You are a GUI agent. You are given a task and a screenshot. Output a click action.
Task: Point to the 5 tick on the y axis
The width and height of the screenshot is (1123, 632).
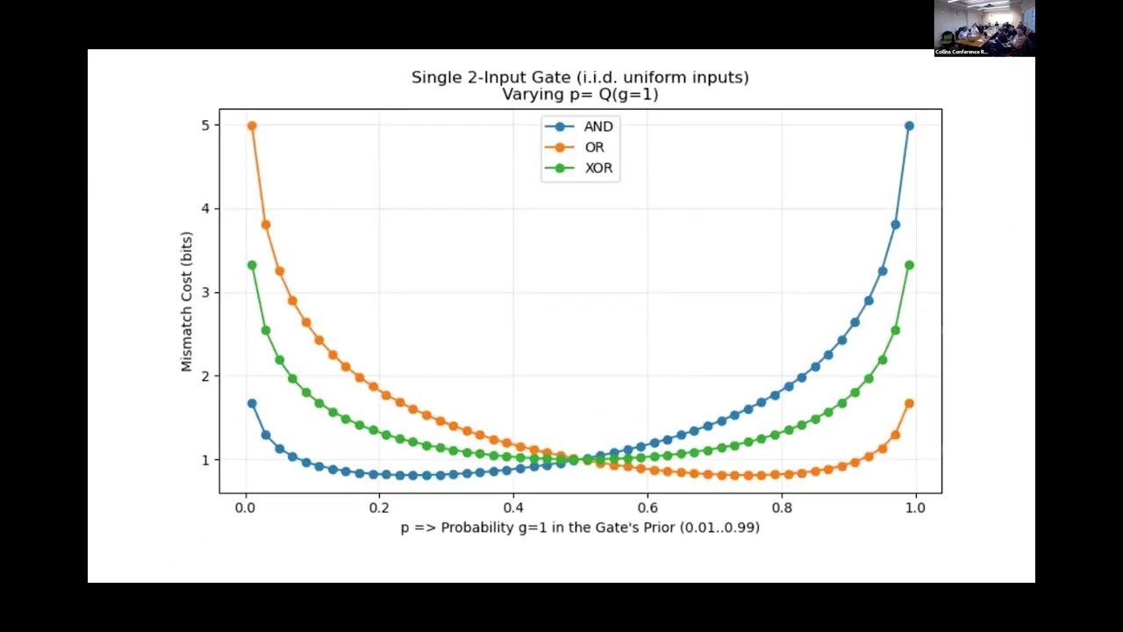click(205, 126)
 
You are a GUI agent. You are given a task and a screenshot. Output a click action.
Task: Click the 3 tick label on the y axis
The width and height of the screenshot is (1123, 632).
click(205, 292)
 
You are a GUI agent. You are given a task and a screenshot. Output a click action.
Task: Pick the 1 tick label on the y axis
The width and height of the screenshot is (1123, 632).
click(205, 460)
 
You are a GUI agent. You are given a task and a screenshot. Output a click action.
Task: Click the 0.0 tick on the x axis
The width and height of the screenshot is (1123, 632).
click(246, 507)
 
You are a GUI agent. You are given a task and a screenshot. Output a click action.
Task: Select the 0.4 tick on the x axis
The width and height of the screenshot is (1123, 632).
click(513, 507)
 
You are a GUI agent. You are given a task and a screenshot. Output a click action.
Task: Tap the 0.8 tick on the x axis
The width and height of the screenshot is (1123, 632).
click(782, 507)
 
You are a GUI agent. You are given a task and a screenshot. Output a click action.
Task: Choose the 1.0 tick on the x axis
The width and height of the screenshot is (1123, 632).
click(915, 507)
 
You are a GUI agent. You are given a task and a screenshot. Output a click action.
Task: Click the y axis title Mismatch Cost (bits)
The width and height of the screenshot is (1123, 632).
click(187, 301)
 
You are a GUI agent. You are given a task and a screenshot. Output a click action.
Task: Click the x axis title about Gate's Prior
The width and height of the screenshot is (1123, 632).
click(580, 528)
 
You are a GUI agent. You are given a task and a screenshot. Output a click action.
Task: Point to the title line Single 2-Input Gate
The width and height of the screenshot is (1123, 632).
click(580, 77)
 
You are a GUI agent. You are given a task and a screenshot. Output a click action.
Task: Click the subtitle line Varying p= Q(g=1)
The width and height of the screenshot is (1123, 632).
click(580, 95)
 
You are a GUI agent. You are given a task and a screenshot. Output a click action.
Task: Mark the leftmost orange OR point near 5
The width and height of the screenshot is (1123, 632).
click(252, 126)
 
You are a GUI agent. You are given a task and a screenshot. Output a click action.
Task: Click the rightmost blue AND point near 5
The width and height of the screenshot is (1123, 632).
click(909, 126)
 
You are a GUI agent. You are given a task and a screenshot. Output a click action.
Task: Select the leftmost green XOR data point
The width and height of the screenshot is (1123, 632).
click(252, 265)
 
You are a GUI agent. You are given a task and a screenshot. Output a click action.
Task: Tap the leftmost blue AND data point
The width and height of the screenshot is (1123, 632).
click(252, 404)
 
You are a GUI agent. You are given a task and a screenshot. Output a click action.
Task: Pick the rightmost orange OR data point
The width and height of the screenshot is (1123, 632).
click(909, 404)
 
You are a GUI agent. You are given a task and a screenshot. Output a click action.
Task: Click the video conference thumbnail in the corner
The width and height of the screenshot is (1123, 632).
click(984, 28)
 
